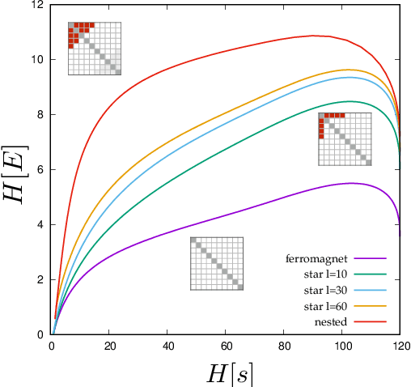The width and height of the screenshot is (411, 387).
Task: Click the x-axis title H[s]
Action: [x=225, y=372]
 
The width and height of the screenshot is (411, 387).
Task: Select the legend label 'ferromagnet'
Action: [x=316, y=259]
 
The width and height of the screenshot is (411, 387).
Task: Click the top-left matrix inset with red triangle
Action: [x=94, y=48]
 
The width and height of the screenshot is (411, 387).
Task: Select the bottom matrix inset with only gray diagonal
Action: [x=217, y=263]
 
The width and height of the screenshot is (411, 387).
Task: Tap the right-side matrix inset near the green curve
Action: [x=345, y=139]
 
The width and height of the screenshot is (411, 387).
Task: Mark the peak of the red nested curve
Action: [x=313, y=36]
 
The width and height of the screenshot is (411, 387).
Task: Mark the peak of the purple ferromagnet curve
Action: [x=352, y=183]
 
